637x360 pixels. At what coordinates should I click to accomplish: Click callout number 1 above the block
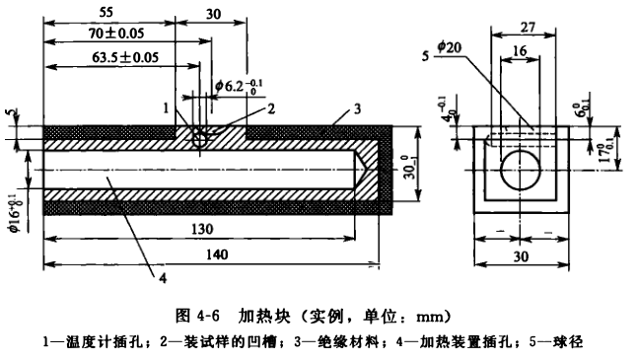click(168, 107)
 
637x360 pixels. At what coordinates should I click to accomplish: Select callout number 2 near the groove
click(243, 108)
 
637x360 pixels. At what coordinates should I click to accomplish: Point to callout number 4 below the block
click(161, 278)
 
